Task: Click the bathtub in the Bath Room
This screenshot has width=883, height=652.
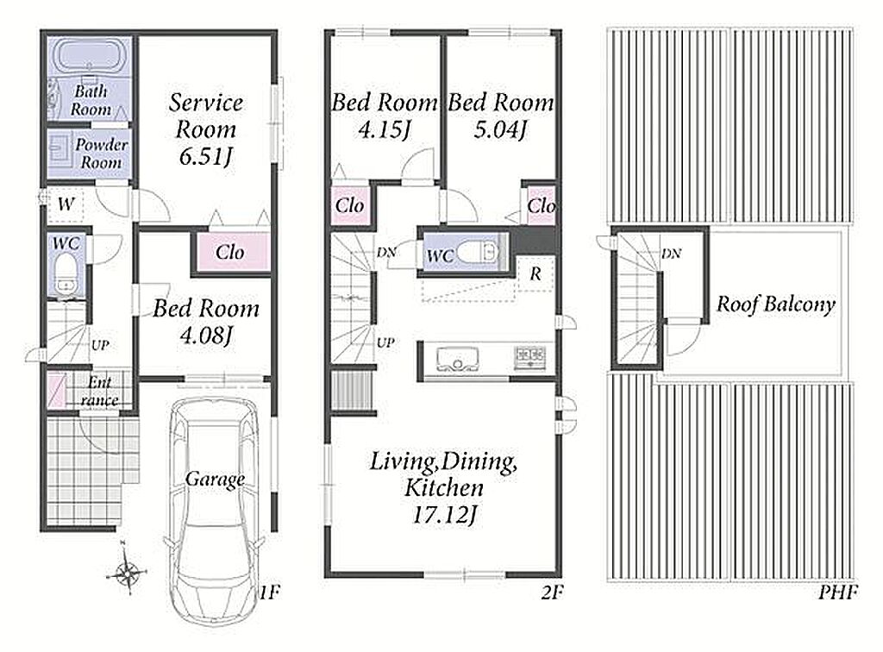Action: [x=89, y=56]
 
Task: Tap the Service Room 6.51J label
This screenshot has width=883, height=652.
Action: [x=205, y=129]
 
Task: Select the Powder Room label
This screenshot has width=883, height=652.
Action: [x=102, y=154]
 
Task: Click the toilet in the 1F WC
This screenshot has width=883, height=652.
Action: [x=66, y=274]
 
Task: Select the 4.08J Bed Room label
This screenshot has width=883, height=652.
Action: [x=205, y=322]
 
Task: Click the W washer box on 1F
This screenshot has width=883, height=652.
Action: [x=66, y=204]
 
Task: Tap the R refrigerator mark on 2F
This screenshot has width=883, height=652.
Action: [x=535, y=273]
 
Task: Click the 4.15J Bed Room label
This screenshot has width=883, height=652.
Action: [x=384, y=116]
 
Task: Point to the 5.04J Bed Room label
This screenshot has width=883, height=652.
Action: [x=501, y=116]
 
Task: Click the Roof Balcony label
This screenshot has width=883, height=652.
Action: [x=775, y=304]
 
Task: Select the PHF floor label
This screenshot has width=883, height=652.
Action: [x=838, y=592]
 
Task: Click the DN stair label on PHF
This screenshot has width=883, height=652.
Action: [x=671, y=254]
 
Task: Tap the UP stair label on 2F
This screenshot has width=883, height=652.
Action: [x=385, y=342]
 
